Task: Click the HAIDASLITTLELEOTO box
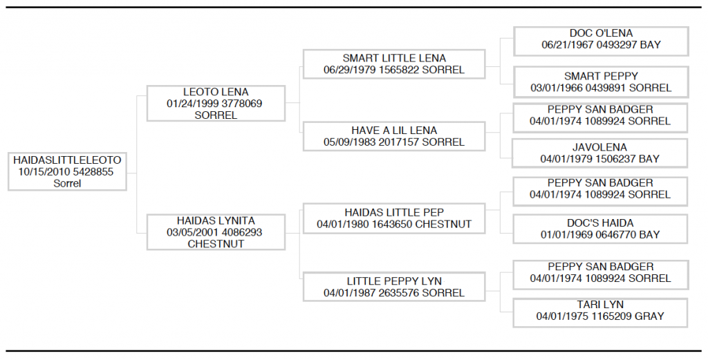[67, 171]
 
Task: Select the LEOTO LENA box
[216, 104]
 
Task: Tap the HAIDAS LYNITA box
[216, 232]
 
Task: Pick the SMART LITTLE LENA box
[394, 64]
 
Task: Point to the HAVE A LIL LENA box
[394, 136]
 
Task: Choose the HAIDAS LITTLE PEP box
[394, 218]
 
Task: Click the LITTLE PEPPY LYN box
[394, 287]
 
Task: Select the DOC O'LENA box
[601, 41]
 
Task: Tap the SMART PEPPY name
[601, 76]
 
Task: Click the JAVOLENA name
[599, 147]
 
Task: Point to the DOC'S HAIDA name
[600, 223]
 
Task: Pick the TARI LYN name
[600, 305]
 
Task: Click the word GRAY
[649, 316]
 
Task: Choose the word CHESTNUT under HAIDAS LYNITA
[216, 244]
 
